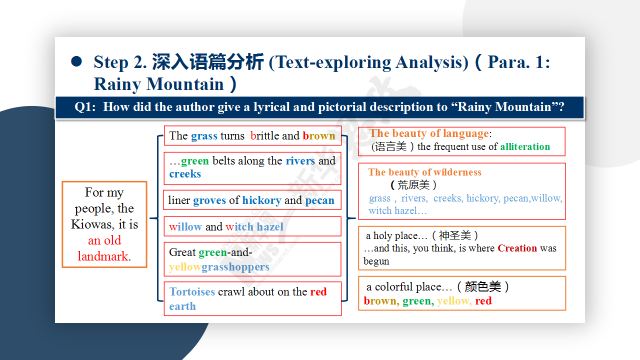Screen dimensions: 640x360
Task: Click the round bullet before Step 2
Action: tap(76, 61)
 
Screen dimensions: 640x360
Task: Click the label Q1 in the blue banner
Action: tap(85, 107)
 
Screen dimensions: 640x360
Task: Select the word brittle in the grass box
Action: tap(264, 135)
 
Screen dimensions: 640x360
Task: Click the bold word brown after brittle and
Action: tap(319, 135)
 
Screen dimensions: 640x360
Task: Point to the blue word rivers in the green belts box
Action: tap(300, 161)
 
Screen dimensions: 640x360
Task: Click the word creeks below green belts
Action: tap(185, 173)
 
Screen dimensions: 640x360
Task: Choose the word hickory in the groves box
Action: tap(261, 200)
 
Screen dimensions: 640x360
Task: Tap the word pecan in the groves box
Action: tap(319, 201)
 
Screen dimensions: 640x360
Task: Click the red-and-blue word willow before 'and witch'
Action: tap(185, 226)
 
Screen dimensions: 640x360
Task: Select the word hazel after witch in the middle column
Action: tap(270, 226)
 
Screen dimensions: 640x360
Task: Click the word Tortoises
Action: tap(192, 291)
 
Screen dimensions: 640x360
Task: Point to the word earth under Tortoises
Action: tap(182, 306)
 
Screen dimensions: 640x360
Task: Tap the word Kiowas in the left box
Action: tap(92, 224)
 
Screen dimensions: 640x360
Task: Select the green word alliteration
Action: tap(525, 146)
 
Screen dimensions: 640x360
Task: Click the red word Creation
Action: tap(517, 248)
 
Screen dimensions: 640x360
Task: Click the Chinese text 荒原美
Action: tap(413, 185)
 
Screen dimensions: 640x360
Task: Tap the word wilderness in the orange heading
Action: tap(457, 172)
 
